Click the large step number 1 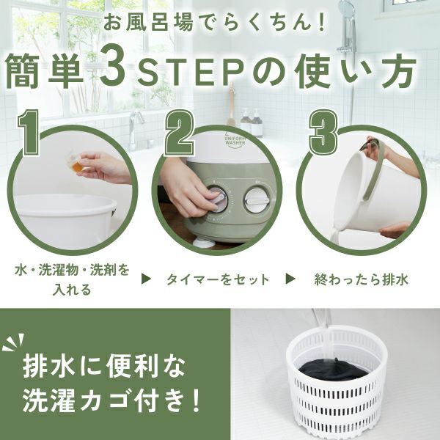tap(28, 132)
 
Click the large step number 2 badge tap(179, 133)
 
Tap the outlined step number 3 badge tap(323, 132)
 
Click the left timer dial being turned tap(216, 199)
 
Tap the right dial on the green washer tap(255, 200)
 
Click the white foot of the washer tap(205, 243)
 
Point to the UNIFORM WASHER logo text tap(235, 141)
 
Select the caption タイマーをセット tap(218, 279)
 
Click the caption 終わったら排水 tap(361, 279)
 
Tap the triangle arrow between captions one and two tap(147, 279)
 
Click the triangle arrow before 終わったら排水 tap(290, 279)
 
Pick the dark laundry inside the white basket tap(332, 370)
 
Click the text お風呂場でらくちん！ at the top tap(214, 23)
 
